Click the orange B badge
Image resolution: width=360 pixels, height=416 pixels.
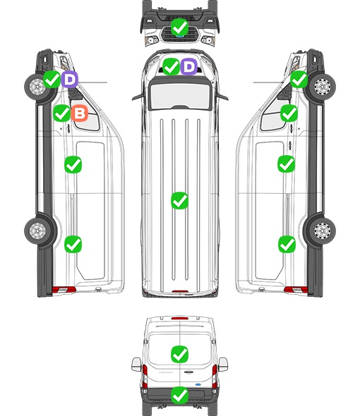80,114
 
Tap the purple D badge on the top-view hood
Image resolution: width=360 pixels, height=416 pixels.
189,66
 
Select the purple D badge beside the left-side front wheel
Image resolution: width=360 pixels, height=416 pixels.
70,79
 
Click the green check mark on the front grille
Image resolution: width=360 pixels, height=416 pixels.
179,27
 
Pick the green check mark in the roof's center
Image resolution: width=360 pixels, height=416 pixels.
179,200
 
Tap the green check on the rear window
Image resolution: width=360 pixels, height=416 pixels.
179,354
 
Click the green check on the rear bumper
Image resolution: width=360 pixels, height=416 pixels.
179,396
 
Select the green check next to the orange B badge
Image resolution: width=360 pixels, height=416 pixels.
61,114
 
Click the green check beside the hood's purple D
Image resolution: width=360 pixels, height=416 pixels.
171,66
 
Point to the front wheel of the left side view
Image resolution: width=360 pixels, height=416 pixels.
37,87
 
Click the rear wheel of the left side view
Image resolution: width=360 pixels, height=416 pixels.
37,231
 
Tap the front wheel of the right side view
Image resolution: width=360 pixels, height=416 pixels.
323,87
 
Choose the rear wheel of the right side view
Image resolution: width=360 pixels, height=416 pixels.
323,231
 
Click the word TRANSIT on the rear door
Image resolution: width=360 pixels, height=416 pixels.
166,372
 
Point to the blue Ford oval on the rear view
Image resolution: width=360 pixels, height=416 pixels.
198,384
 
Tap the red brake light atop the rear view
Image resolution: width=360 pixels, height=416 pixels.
180,318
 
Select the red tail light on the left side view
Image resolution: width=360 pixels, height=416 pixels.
64,290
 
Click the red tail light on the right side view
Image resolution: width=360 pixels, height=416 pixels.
296,290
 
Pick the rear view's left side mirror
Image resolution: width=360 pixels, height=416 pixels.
136,365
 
